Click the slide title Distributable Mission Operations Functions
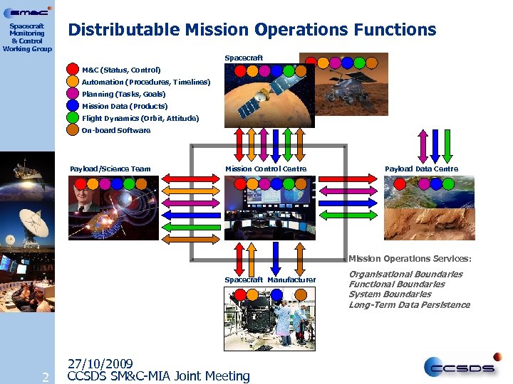click(251, 30)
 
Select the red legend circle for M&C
click(73, 70)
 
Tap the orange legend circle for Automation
click(73, 82)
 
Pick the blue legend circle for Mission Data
click(73, 106)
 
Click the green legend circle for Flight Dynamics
click(73, 118)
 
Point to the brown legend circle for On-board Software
click(73, 130)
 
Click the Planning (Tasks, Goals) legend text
click(123, 94)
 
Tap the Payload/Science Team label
click(110, 169)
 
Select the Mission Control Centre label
click(266, 169)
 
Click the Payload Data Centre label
click(422, 169)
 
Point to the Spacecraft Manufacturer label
click(270, 279)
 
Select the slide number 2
click(45, 376)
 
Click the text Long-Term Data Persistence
click(409, 305)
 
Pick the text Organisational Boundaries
click(405, 274)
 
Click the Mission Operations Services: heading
click(410, 259)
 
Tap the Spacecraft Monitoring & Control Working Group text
click(27, 37)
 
